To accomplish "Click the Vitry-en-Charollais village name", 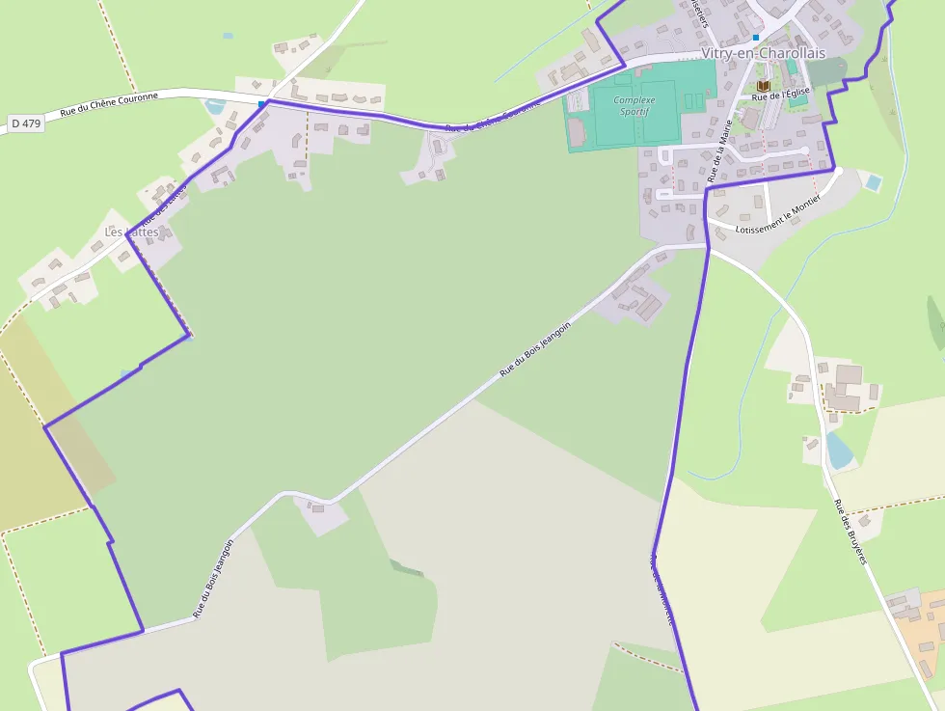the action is click(763, 53).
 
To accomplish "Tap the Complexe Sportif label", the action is click(634, 105).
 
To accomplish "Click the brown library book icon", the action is click(764, 86).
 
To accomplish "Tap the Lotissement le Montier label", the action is click(776, 220).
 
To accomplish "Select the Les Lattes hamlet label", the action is click(130, 232).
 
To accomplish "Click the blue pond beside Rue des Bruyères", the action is click(840, 451).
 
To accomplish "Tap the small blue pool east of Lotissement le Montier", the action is click(873, 181).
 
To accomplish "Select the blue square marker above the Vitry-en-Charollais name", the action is click(756, 38).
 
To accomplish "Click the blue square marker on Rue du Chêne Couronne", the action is click(261, 103).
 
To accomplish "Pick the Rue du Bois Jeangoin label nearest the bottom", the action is click(212, 578).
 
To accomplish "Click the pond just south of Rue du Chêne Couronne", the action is click(216, 106).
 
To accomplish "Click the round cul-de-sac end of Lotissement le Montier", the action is click(838, 171).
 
